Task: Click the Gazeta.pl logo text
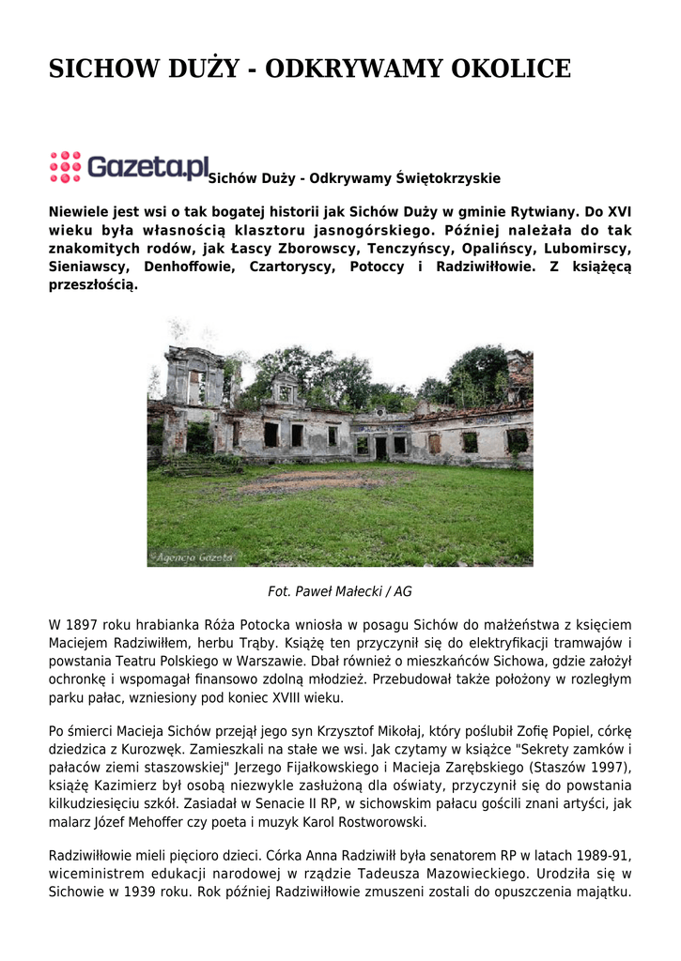[148, 167]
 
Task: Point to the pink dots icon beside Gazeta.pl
[65, 166]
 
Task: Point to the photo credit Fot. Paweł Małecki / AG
[340, 592]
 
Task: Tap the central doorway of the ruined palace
[379, 448]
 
